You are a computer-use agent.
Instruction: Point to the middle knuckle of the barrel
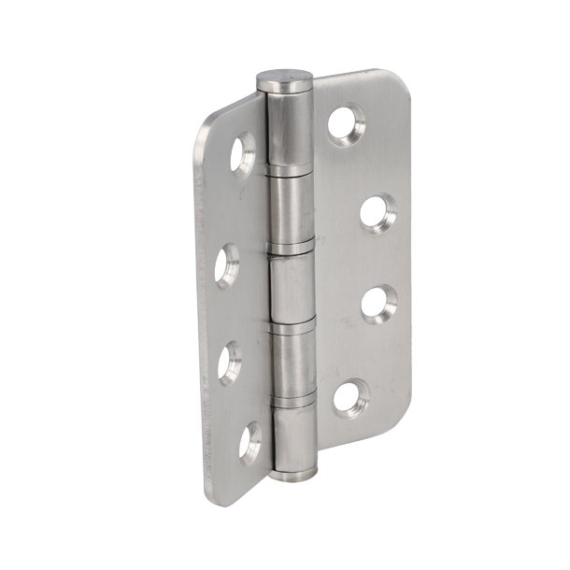(x=292, y=284)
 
